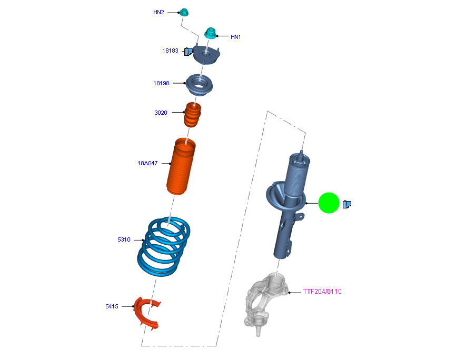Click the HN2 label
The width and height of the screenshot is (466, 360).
click(x=158, y=12)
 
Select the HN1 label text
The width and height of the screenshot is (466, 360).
click(x=235, y=37)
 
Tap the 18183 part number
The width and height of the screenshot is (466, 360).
click(x=170, y=51)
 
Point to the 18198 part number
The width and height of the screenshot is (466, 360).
click(x=161, y=83)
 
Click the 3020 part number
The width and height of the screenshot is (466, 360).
click(x=161, y=113)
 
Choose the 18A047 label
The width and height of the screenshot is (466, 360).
click(x=147, y=163)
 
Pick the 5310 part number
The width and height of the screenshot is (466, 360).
click(x=124, y=239)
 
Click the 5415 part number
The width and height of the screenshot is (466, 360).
click(x=112, y=306)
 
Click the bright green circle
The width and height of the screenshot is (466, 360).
click(x=329, y=203)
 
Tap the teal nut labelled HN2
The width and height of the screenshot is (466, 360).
click(x=184, y=12)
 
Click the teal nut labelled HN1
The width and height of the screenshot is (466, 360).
click(x=210, y=33)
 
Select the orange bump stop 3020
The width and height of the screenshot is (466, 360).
click(x=193, y=115)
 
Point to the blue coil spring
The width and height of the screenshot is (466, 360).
click(x=164, y=247)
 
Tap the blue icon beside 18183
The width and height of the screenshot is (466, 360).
click(x=188, y=51)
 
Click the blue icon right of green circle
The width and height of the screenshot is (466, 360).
click(x=346, y=204)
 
